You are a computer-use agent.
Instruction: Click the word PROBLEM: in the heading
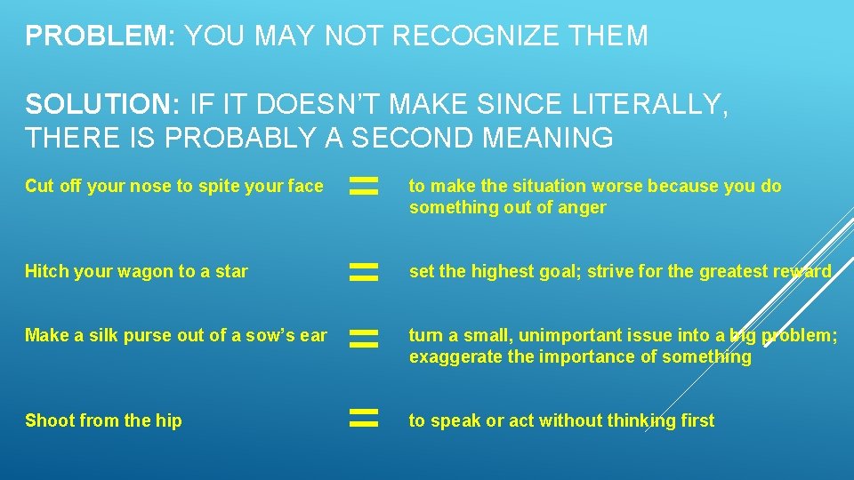[99, 36]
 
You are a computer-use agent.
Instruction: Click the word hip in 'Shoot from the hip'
[168, 421]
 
